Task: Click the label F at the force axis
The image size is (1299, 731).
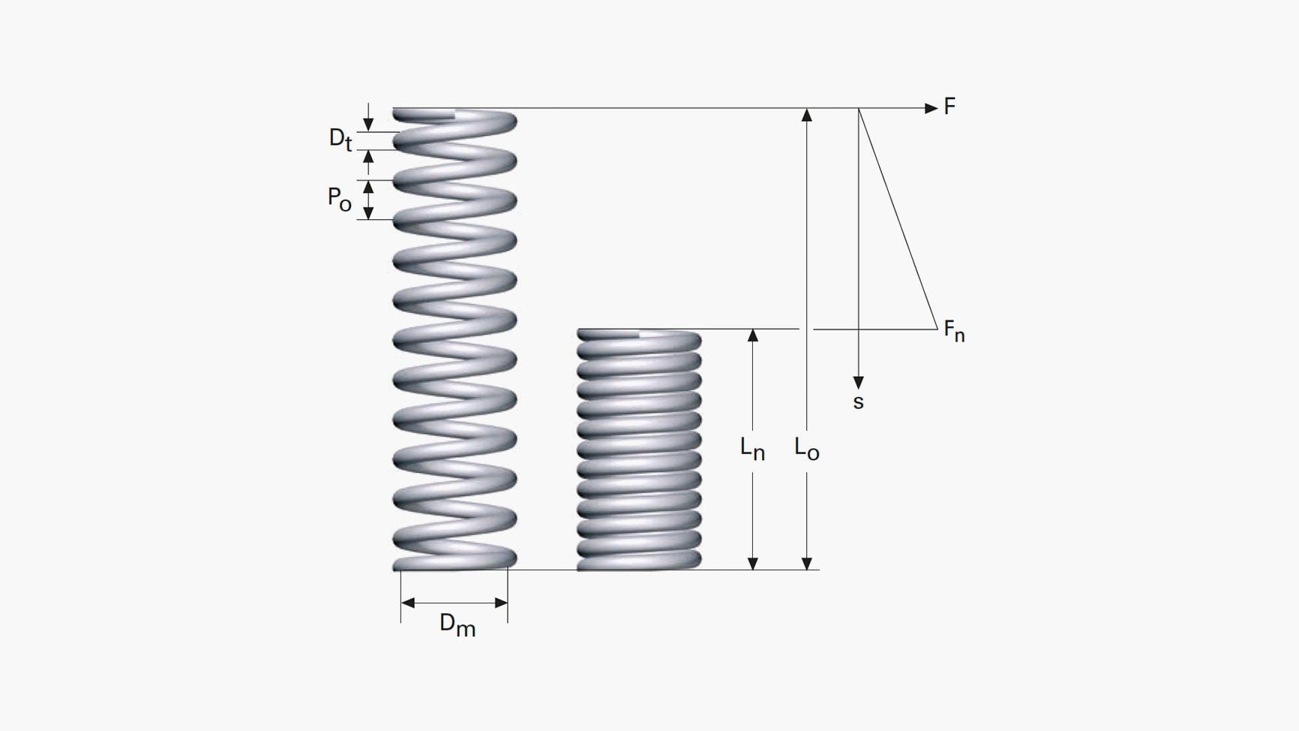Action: pos(949,107)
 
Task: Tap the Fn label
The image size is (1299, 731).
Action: pos(954,331)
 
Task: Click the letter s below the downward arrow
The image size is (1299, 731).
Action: pos(859,402)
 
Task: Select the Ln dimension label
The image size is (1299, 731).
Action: pos(752,449)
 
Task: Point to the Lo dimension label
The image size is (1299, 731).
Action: pos(807,449)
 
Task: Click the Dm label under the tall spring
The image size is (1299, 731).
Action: pos(457,624)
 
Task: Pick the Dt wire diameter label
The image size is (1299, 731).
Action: pos(340,139)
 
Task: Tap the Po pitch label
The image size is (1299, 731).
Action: pos(340,199)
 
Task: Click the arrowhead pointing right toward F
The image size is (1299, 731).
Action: pos(931,108)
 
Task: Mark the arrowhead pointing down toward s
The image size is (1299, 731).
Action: pos(859,383)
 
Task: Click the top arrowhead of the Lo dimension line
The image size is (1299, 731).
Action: pos(807,115)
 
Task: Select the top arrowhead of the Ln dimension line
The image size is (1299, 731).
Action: pos(753,335)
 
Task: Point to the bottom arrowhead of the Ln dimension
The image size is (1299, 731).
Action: pos(753,563)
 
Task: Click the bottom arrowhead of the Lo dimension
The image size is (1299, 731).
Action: pos(807,563)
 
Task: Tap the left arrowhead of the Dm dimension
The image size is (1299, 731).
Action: pos(408,603)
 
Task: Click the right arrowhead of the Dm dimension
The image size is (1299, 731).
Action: pos(501,603)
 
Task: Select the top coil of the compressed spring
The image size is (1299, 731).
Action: pos(639,340)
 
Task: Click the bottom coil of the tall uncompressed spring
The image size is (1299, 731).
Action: pos(454,559)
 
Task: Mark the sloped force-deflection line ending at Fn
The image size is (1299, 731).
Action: pos(898,218)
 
